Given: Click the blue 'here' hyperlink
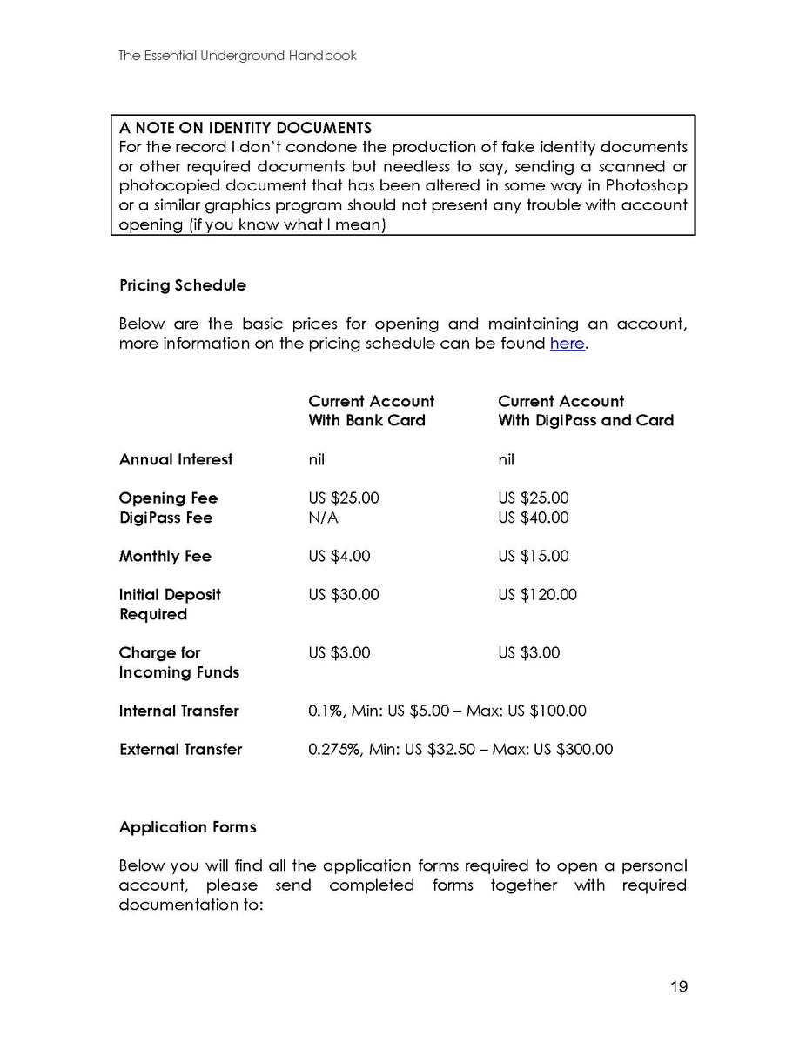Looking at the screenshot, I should pyautogui.click(x=567, y=344).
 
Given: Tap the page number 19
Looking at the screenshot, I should pyautogui.click(x=679, y=986).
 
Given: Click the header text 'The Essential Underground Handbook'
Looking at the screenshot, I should pyautogui.click(x=238, y=56).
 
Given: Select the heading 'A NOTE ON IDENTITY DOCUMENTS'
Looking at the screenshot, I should pyautogui.click(x=245, y=128).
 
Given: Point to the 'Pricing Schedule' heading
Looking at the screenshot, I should pyautogui.click(x=183, y=285).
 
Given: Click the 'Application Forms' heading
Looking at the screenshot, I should pyautogui.click(x=188, y=827).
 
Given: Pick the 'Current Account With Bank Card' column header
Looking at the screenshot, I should pyautogui.click(x=371, y=411).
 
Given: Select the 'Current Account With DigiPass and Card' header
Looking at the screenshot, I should pyautogui.click(x=586, y=411).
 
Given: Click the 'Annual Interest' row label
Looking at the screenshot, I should pyautogui.click(x=176, y=459).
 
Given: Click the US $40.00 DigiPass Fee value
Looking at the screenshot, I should pyautogui.click(x=534, y=518).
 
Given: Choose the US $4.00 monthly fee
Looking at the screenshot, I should pyautogui.click(x=339, y=556).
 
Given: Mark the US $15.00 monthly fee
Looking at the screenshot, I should pyautogui.click(x=534, y=556).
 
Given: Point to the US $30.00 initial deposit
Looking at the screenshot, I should pyautogui.click(x=344, y=595).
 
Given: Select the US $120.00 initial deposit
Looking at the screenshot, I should pyautogui.click(x=538, y=595).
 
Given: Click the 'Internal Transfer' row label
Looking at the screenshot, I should pyautogui.click(x=179, y=711).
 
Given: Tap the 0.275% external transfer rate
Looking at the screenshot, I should pyautogui.click(x=335, y=749).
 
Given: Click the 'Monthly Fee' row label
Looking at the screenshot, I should pyautogui.click(x=165, y=556).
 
